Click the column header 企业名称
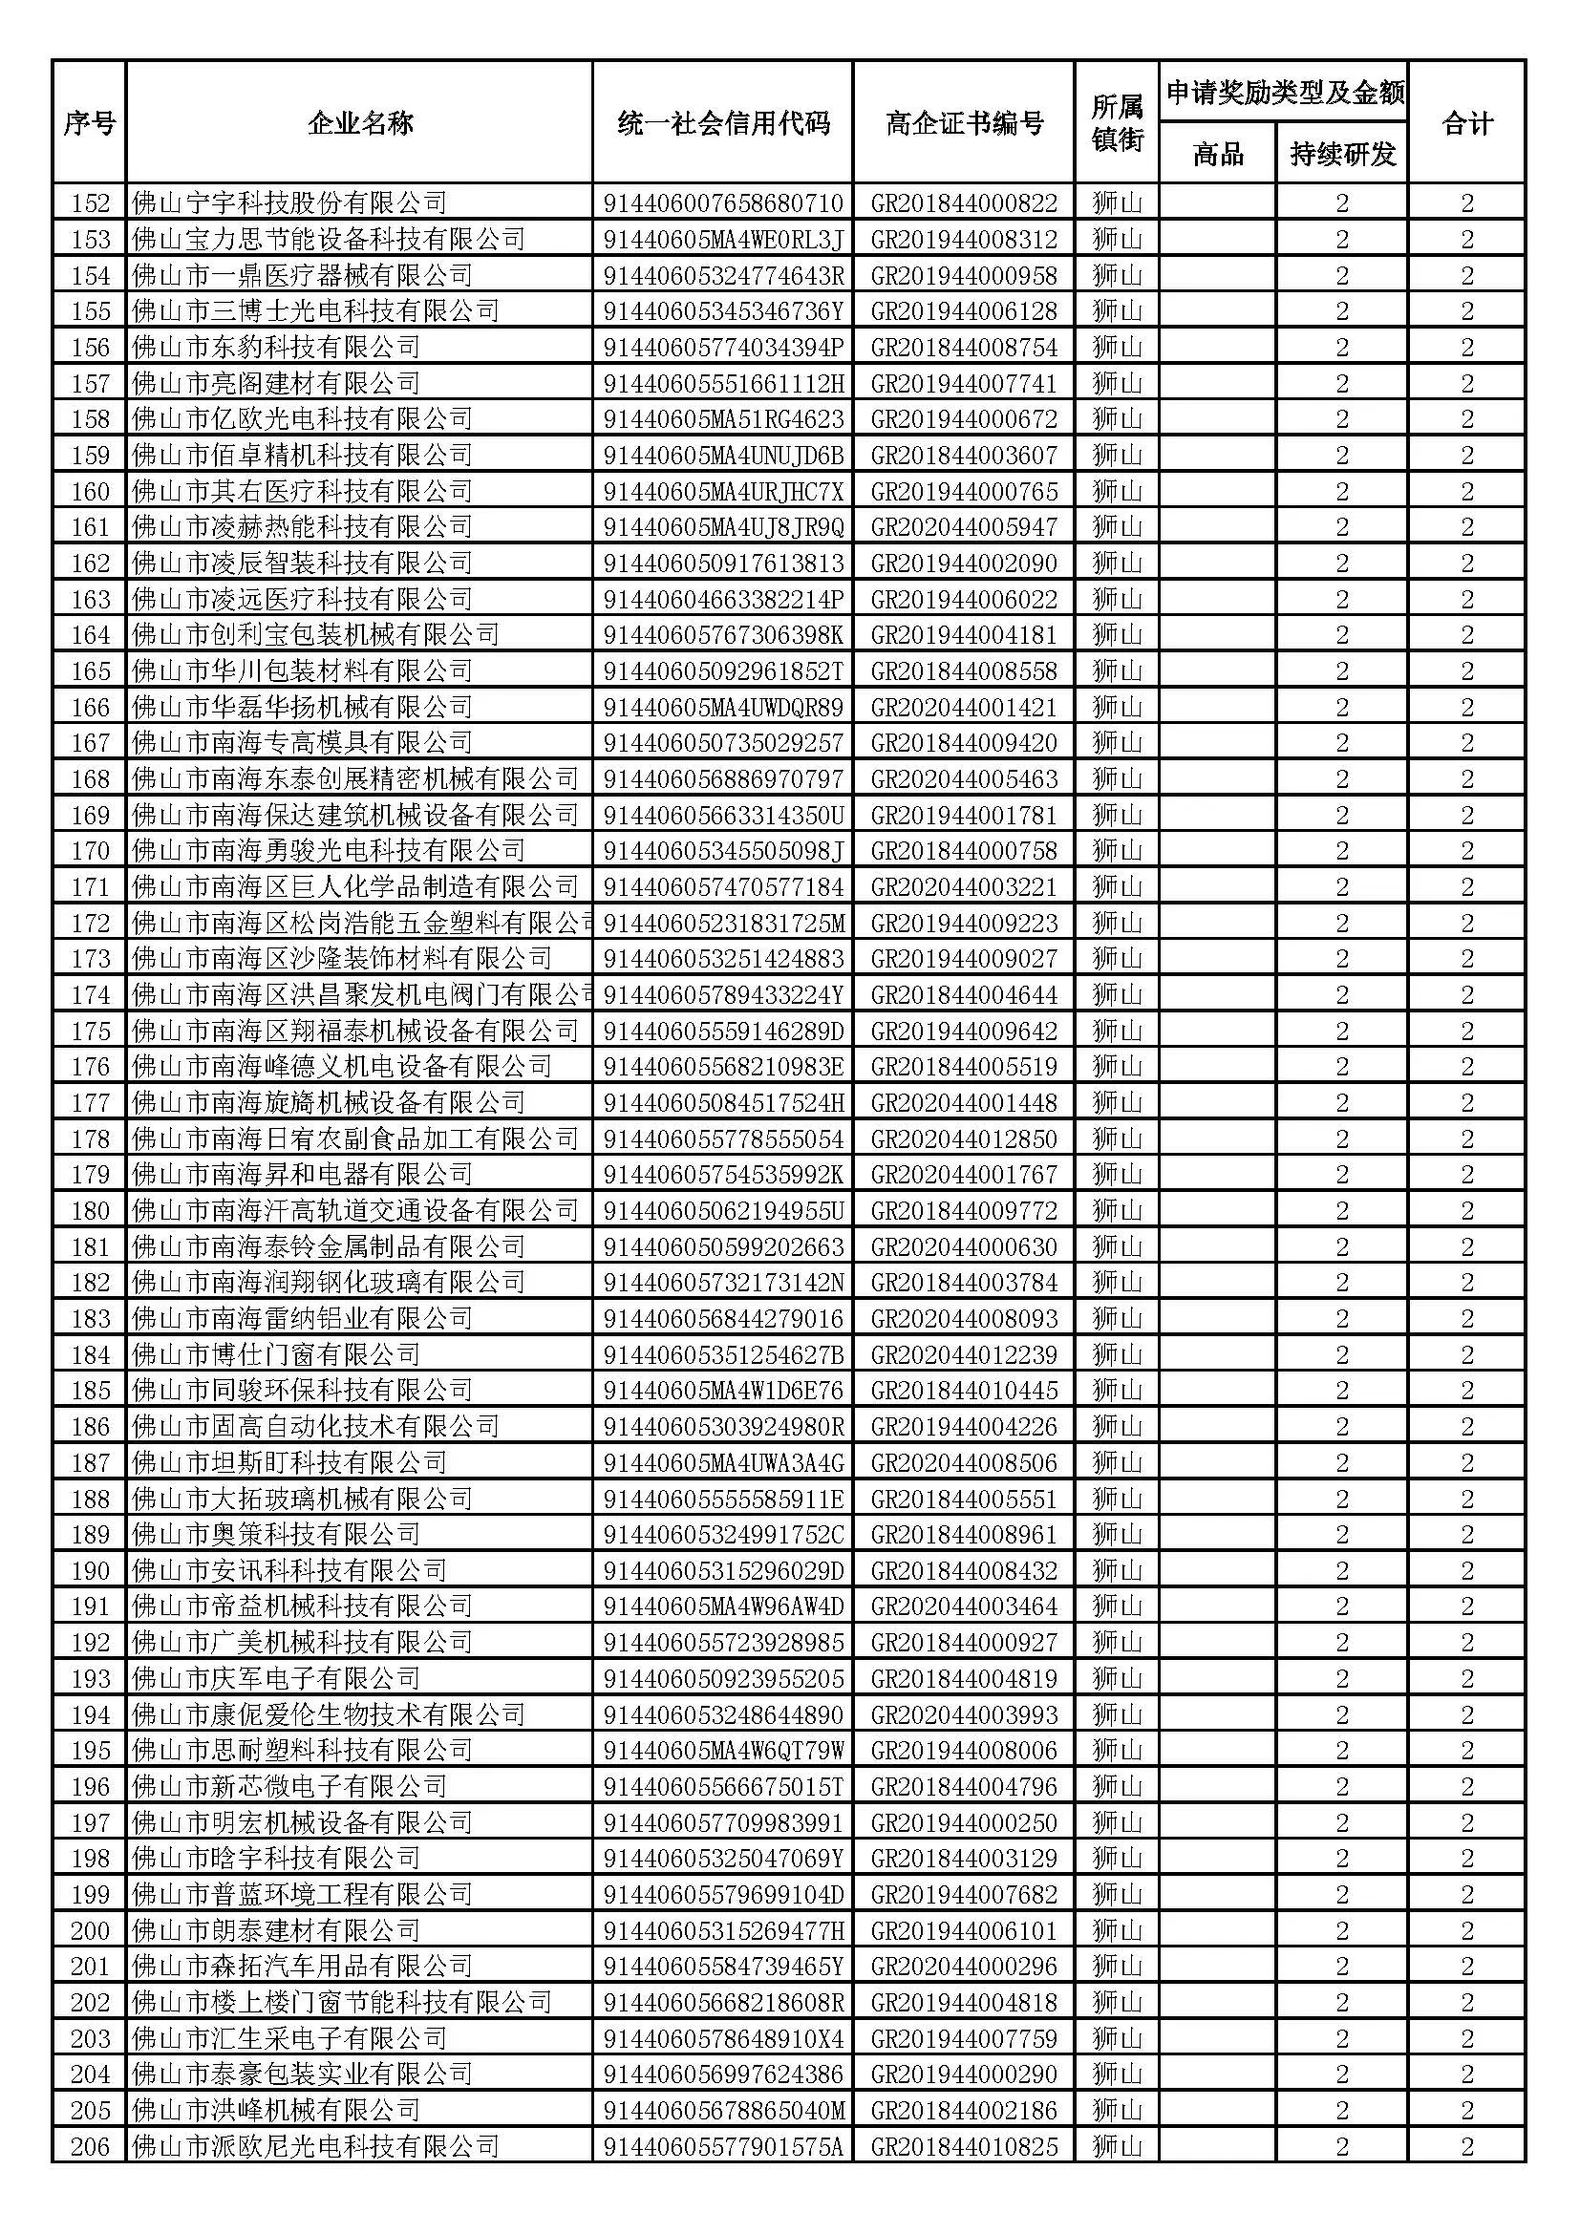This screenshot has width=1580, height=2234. click(x=359, y=122)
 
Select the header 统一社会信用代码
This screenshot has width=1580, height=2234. click(x=723, y=122)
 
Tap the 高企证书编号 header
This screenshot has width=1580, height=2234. click(x=963, y=122)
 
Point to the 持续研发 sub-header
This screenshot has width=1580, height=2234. click(x=1341, y=154)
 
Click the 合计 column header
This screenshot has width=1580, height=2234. click(x=1466, y=122)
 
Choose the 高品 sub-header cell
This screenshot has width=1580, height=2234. click(x=1217, y=154)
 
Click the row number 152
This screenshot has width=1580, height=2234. click(x=91, y=203)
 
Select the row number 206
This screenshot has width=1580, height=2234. click(x=91, y=2145)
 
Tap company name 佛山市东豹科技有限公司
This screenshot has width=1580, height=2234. click(x=276, y=348)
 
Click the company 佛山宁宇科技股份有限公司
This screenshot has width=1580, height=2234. click(x=288, y=203)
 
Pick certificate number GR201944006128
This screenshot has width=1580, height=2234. click(x=963, y=311)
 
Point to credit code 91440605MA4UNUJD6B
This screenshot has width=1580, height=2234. click(x=723, y=456)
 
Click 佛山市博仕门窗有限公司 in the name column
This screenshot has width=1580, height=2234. click(x=276, y=1354)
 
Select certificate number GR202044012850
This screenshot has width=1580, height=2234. click(x=963, y=1138)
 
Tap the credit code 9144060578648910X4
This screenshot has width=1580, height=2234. click(x=723, y=2037)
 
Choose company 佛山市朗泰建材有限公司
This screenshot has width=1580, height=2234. click(x=276, y=1929)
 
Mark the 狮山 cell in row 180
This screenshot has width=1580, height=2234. click(x=1116, y=1210)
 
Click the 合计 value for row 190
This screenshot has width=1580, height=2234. click(x=1466, y=1570)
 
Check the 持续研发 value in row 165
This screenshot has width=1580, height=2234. click(x=1341, y=671)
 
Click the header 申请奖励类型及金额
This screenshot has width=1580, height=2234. click(x=1283, y=93)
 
